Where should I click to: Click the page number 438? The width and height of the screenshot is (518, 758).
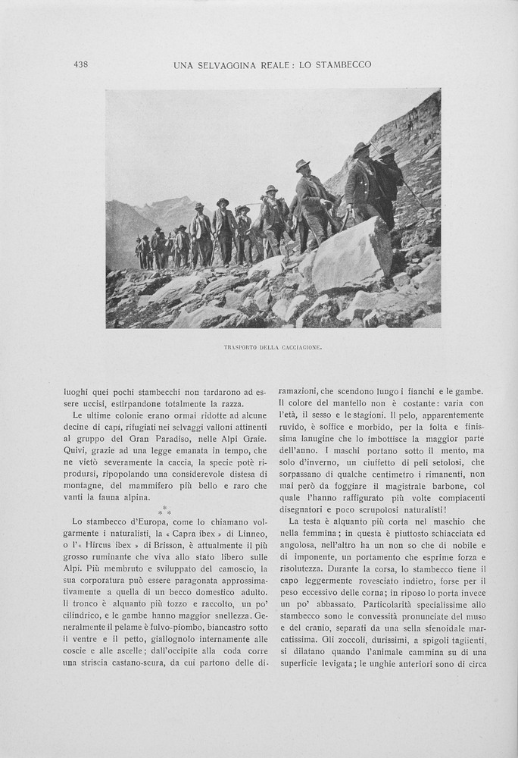click(81, 64)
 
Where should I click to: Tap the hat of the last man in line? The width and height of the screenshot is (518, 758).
click(139, 239)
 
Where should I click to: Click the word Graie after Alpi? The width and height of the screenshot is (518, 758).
click(253, 439)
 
